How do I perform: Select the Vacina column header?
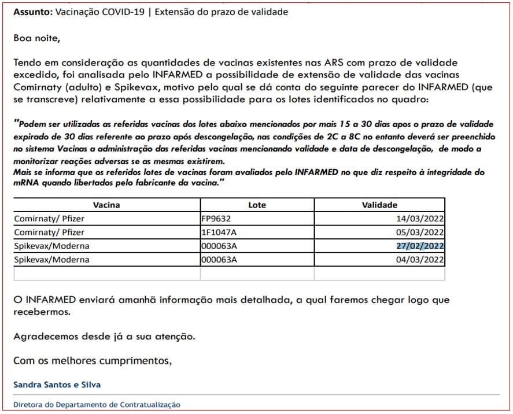pos(106,205)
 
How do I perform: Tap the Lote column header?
pos(257,205)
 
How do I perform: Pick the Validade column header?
pos(379,205)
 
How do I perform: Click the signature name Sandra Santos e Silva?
pos(57,385)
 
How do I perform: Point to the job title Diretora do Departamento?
pos(97,405)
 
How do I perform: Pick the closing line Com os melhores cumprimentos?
pos(93,361)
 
